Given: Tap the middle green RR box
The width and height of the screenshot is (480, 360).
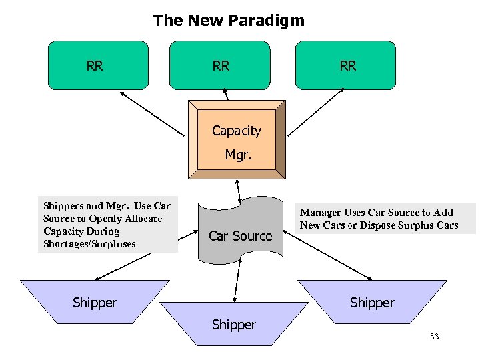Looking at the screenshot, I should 221,65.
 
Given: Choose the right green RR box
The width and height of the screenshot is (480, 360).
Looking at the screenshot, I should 345,65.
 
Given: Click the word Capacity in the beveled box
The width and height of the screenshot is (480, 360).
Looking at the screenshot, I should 236,131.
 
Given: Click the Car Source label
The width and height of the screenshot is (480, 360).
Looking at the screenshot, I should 240,236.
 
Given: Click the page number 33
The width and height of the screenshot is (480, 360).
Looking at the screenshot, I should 434,337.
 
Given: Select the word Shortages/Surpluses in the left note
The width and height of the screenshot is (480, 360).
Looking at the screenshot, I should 89,244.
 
